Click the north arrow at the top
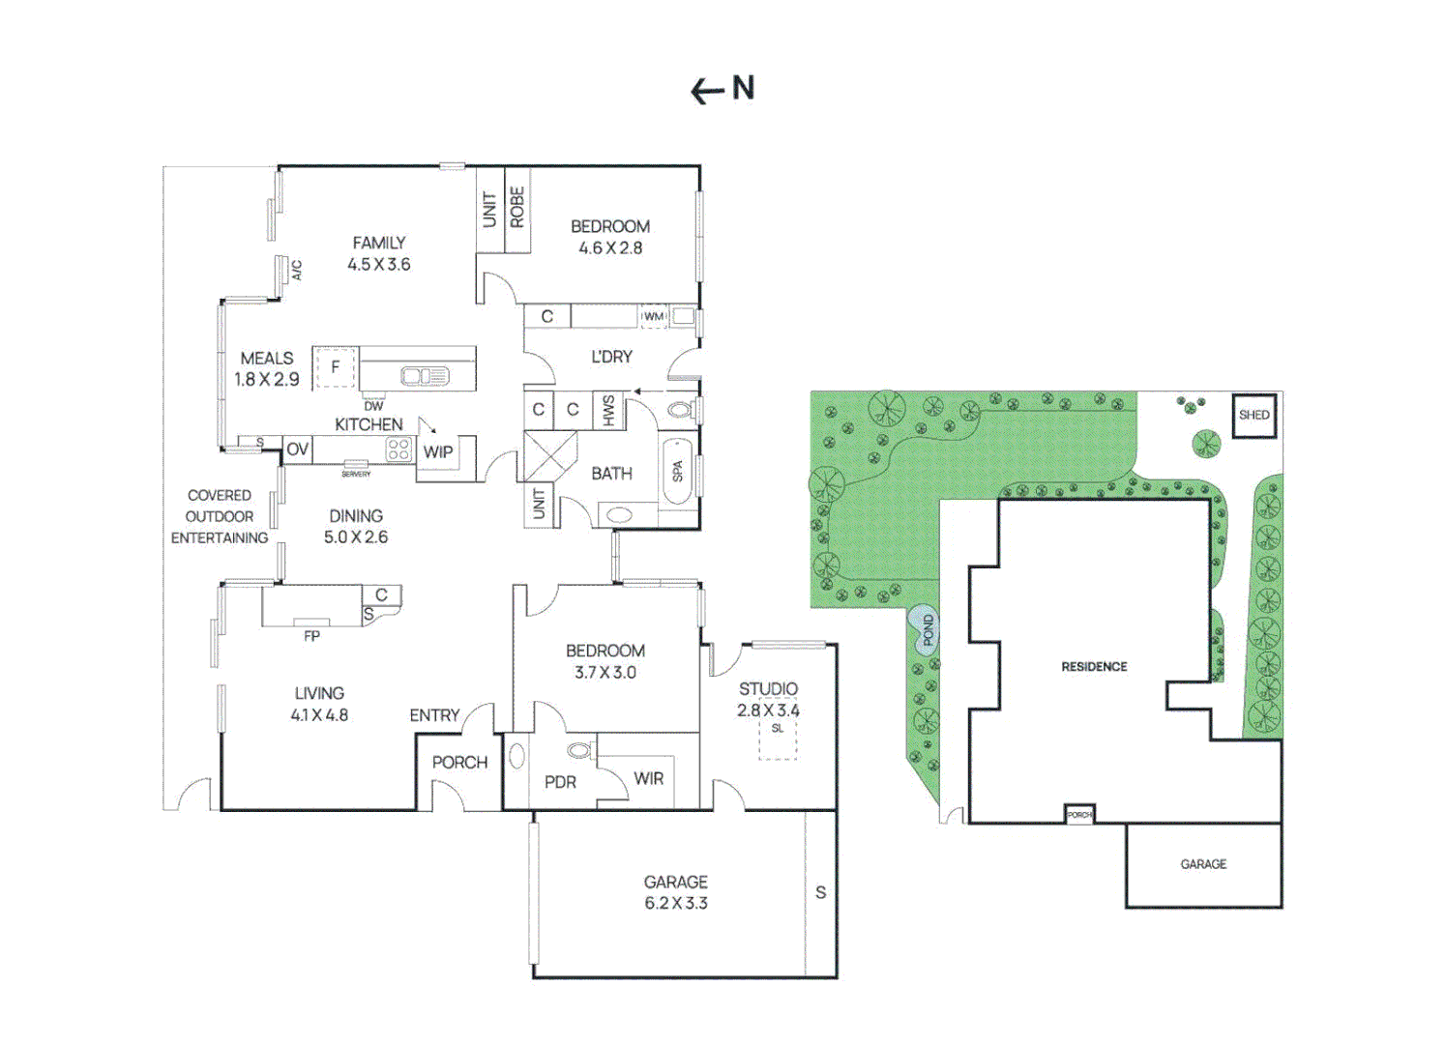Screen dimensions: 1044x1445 (x=707, y=91)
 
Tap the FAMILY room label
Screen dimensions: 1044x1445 (x=378, y=243)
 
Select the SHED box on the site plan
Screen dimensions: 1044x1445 (x=1253, y=415)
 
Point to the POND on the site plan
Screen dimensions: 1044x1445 (x=927, y=630)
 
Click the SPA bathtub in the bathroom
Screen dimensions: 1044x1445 (x=678, y=471)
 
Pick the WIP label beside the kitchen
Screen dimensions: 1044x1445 (x=438, y=451)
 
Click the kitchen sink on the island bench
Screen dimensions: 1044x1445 (x=425, y=375)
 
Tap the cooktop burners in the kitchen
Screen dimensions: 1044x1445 (x=398, y=449)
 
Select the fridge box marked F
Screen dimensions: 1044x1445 (x=336, y=367)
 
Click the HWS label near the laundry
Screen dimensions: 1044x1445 (x=608, y=410)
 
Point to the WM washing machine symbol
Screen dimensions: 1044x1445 (x=654, y=316)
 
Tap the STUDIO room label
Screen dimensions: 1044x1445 (x=768, y=688)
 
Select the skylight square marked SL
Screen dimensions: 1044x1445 (x=778, y=738)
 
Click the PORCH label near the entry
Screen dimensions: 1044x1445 (x=459, y=762)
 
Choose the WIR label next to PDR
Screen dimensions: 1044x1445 (x=649, y=778)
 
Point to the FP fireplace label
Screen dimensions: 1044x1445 (x=311, y=636)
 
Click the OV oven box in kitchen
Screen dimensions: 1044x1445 (x=297, y=449)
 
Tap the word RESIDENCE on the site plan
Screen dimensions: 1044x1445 (x=1094, y=666)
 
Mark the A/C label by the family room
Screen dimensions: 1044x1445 (x=297, y=270)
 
